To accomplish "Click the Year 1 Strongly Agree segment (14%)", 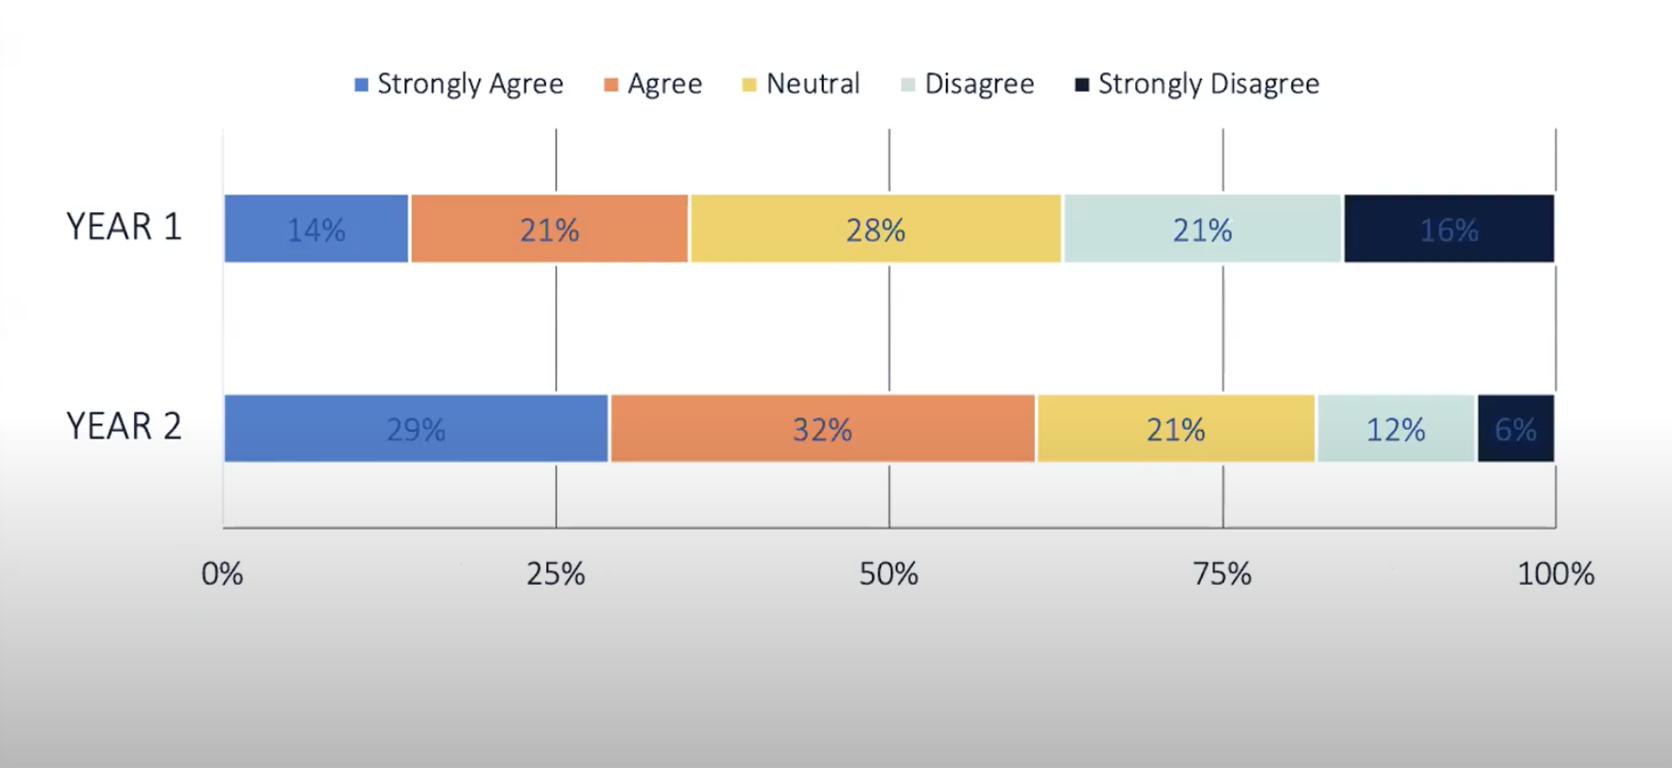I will tap(316, 229).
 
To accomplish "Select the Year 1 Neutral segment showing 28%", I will tap(875, 229).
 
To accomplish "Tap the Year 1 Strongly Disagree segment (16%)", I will tap(1449, 229).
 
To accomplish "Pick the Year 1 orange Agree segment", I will tap(549, 229).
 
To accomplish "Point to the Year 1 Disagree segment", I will tap(1203, 229).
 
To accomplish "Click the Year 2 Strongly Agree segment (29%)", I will tap(416, 429).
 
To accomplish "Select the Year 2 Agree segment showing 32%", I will tap(822, 429).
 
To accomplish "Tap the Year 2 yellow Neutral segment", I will tap(1176, 429).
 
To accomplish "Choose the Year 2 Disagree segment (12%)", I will tap(1396, 429).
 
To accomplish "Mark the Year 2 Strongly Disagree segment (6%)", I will tap(1515, 429).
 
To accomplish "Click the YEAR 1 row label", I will tap(124, 227).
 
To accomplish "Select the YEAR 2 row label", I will tap(124, 426).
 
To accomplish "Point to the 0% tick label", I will tap(222, 574).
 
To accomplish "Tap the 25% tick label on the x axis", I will tap(555, 574).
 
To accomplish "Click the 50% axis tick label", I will tap(889, 574).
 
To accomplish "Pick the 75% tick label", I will tap(1222, 574).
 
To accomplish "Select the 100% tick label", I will tap(1556, 574).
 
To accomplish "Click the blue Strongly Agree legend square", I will tap(361, 85).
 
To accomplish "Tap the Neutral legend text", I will tap(813, 84).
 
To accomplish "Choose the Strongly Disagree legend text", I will tap(1208, 84).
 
